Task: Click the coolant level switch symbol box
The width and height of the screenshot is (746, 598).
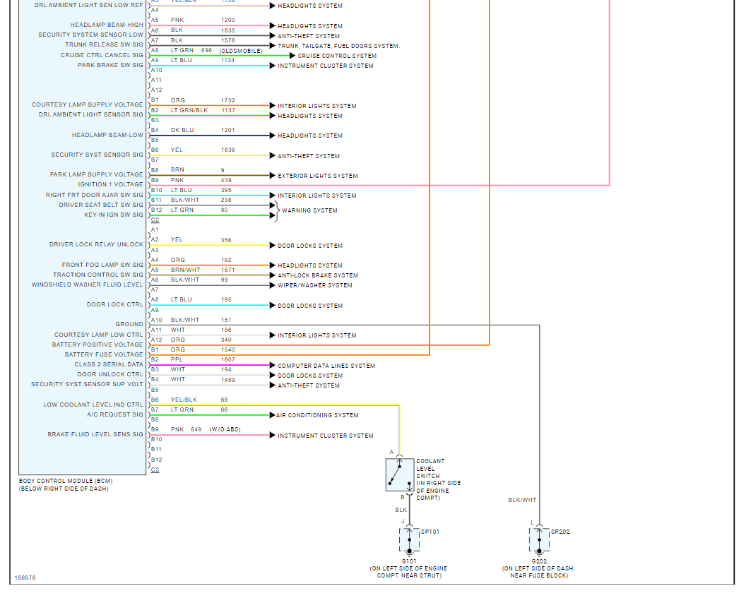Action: [400, 474]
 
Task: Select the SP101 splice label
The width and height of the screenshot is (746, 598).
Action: [430, 532]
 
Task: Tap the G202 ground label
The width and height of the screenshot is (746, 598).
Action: [538, 561]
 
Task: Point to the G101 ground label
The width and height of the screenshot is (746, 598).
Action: [408, 561]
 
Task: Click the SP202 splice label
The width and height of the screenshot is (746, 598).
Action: [560, 532]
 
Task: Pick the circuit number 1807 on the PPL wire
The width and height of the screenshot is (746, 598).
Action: [227, 359]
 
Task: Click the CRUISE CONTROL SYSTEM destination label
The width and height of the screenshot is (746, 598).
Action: [337, 56]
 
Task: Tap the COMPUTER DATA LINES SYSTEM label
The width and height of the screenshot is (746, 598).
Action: [326, 366]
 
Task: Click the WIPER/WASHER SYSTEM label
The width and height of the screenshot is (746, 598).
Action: [314, 285]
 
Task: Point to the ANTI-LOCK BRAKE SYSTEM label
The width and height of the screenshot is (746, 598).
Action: [317, 275]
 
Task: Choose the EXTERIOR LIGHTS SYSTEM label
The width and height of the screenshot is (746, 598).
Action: [317, 176]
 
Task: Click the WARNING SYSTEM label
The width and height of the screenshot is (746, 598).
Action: [309, 210]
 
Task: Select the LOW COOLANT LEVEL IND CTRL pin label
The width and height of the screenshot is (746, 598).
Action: [93, 405]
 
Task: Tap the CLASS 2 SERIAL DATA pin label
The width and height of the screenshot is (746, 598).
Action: [109, 364]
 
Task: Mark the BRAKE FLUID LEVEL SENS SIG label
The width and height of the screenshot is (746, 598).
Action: [95, 434]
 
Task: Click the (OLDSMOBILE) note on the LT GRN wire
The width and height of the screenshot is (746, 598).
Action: [241, 51]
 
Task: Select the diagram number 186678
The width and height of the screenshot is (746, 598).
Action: [25, 578]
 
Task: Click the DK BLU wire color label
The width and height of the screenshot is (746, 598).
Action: [182, 130]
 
